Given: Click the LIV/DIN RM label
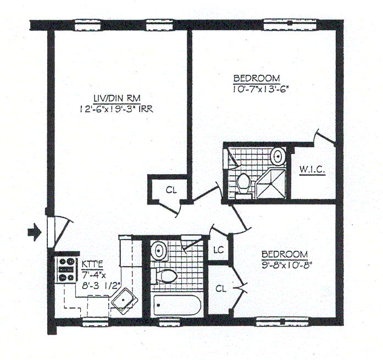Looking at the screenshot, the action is [x=114, y=98].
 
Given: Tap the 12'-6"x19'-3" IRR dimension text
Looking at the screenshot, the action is [x=115, y=109].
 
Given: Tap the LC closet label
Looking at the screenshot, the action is [x=218, y=250].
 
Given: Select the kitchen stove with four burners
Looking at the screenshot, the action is [x=66, y=269].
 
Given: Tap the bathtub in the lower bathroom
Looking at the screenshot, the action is [x=176, y=305].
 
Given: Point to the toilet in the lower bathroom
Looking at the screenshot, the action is [x=166, y=275].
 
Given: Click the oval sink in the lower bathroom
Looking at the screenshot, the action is [x=159, y=250].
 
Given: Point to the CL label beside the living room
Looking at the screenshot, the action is [x=171, y=190].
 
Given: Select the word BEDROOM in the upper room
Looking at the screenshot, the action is [x=256, y=78].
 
